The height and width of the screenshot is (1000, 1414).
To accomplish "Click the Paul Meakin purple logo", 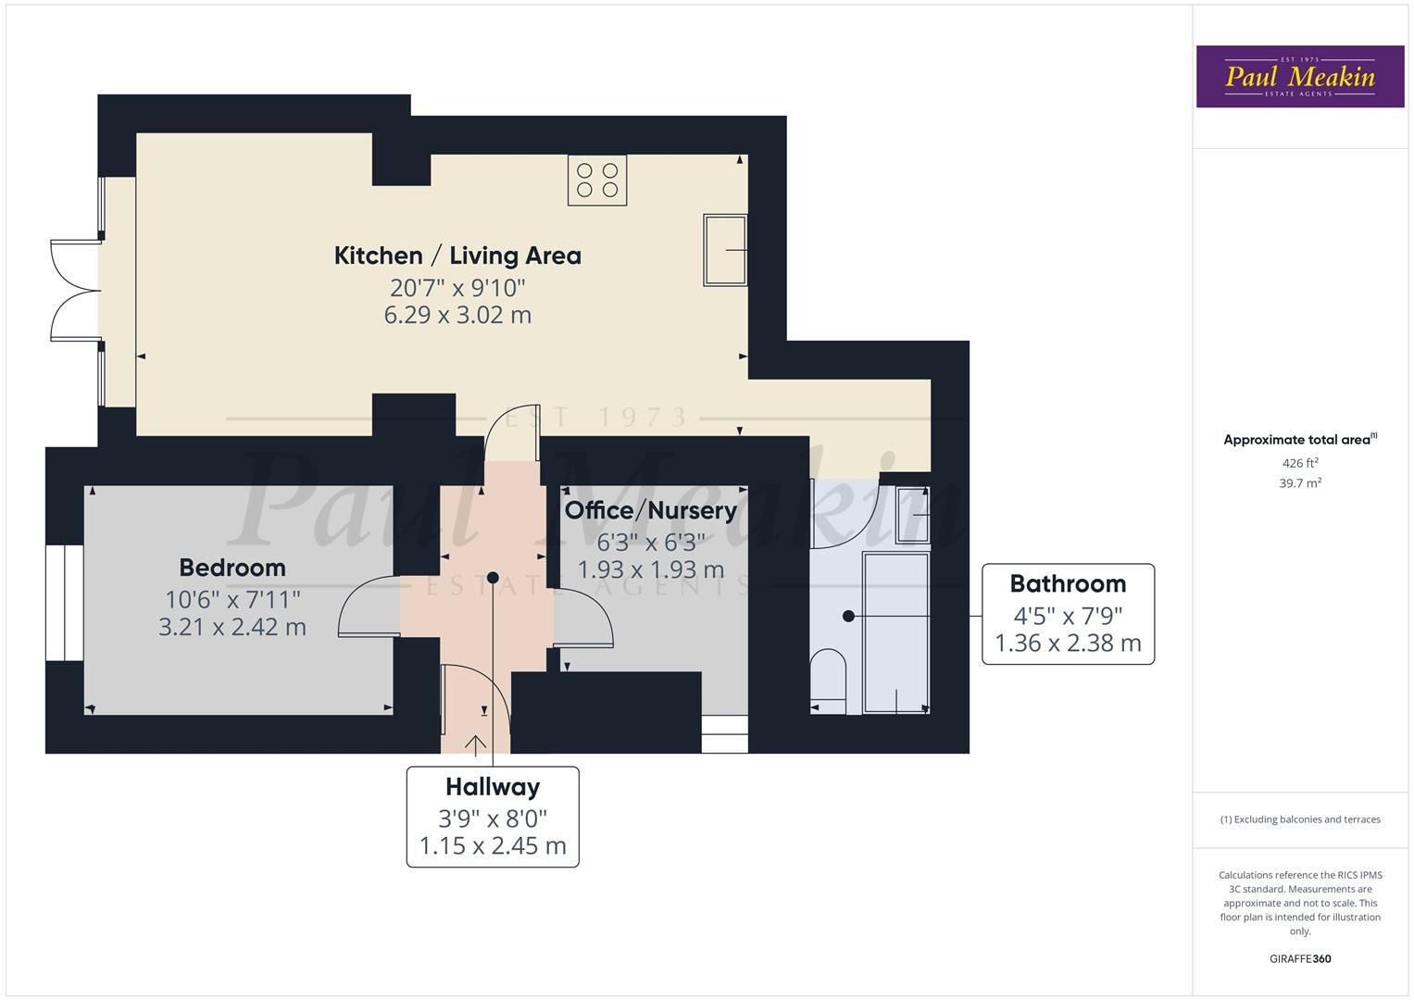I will tap(1299, 77).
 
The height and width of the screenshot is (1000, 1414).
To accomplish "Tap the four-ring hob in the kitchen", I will tap(597, 180).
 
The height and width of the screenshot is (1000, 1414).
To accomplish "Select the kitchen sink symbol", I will tap(725, 250).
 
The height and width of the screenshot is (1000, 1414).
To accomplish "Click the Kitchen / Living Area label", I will tap(457, 256).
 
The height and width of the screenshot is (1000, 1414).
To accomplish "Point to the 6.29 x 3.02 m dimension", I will tap(457, 315).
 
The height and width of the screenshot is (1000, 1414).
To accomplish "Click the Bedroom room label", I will tap(232, 568).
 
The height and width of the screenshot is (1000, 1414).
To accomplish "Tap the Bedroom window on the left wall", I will tap(65, 603).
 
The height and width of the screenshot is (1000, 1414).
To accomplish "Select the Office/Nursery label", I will tap(650, 510).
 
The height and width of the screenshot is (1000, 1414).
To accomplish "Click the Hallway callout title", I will tap(493, 787).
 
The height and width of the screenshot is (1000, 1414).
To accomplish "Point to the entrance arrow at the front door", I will tap(477, 744).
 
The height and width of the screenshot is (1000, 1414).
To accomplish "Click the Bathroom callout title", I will tap(1068, 584).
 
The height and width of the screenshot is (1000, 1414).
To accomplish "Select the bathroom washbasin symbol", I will tap(911, 514).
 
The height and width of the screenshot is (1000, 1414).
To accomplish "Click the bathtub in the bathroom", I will tap(895, 632).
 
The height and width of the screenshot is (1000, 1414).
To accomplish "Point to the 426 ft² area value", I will tap(1300, 463).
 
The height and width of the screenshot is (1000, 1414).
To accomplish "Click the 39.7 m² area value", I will tap(1300, 483).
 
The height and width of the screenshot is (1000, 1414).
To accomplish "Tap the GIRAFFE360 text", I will tap(1300, 959).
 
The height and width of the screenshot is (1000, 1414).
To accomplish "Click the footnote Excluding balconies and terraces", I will tap(1300, 819).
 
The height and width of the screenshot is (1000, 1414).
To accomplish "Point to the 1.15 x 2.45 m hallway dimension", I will tap(493, 846).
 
